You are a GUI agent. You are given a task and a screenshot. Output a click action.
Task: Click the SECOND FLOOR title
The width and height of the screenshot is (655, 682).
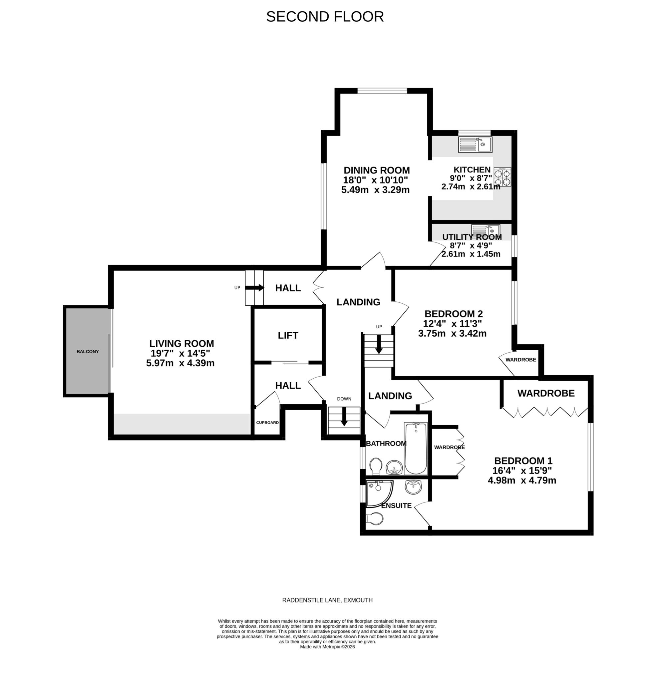(324, 17)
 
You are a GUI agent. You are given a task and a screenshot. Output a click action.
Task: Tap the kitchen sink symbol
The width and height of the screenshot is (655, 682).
(475, 144)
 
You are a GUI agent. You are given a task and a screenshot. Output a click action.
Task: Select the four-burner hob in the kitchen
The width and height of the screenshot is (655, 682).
(502, 177)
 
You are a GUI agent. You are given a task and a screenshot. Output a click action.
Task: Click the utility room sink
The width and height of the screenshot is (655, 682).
(485, 229)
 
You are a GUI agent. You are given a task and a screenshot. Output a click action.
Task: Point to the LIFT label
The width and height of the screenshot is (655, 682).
(288, 335)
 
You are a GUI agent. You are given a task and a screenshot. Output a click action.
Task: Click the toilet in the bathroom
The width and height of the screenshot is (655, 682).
(376, 465)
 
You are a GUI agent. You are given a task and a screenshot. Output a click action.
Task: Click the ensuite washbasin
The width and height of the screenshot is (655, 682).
(413, 486)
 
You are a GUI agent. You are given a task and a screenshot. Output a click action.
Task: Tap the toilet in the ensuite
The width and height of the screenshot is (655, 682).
(375, 518)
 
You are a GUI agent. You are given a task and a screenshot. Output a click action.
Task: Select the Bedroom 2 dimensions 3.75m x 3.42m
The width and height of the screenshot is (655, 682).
(452, 333)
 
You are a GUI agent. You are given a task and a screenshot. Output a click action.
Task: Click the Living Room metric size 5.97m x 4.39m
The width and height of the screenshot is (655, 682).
(180, 363)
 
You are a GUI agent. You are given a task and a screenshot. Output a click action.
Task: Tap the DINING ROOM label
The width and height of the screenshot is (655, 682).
(376, 170)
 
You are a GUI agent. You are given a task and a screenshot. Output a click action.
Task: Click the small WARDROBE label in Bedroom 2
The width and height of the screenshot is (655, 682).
(520, 359)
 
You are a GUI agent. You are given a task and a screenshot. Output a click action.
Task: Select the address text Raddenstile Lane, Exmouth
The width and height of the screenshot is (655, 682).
(327, 600)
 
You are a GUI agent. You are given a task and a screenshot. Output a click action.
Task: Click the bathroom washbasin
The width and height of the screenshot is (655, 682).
(394, 466)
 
